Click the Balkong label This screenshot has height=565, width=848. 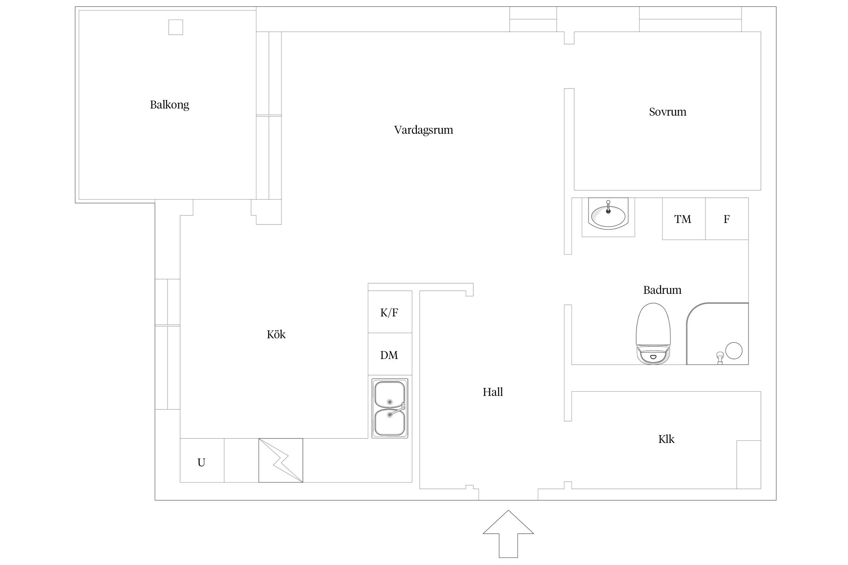(169, 104)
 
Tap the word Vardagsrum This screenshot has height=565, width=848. (423, 130)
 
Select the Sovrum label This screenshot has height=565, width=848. (667, 112)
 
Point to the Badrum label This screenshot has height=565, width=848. (662, 290)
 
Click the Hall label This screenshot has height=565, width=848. (493, 392)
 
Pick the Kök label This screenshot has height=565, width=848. (276, 334)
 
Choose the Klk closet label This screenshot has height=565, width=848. (666, 439)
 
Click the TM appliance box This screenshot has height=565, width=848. (683, 219)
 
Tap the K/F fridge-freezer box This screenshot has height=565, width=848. (389, 312)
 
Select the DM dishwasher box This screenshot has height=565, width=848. (389, 355)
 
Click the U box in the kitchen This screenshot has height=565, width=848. (202, 462)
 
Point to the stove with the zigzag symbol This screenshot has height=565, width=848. (280, 460)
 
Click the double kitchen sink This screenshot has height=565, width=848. (390, 408)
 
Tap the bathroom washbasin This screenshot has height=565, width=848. (608, 215)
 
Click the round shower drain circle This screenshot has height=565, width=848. (733, 351)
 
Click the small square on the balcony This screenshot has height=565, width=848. (175, 27)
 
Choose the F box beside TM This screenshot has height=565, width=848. (727, 219)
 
